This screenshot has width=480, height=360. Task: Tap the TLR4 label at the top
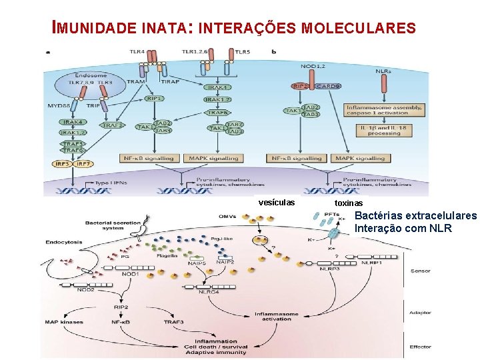tap(137, 51)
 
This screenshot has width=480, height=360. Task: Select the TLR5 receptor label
tap(243, 51)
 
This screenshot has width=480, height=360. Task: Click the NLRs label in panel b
tap(383, 71)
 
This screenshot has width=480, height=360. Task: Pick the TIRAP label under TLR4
tap(170, 82)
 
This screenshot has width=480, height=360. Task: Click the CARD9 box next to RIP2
tap(329, 86)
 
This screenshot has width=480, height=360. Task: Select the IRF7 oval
tap(83, 163)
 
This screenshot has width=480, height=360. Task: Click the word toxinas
tap(349, 203)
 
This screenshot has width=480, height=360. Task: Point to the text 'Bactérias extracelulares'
tap(415, 216)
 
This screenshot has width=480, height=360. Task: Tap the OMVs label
tap(227, 217)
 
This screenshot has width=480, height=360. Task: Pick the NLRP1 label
tap(371, 263)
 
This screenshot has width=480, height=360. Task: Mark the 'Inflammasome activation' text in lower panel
tap(276, 316)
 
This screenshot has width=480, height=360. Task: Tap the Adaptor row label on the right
tap(421, 313)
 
